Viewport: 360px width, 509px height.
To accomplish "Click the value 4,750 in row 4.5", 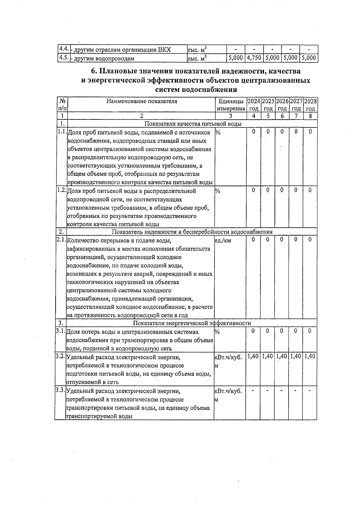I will pyautogui.click(x=254, y=58).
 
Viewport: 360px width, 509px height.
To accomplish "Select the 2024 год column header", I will pyautogui.click(x=254, y=105).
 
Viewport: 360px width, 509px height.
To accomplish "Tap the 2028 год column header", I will pyautogui.click(x=310, y=105).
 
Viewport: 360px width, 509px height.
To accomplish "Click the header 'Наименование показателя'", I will pyautogui.click(x=142, y=101).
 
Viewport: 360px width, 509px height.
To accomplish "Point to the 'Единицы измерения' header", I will pyautogui.click(x=231, y=105).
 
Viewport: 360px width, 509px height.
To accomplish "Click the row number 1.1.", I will pyautogui.click(x=62, y=132).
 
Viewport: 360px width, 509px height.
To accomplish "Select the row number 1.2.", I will pyautogui.click(x=62, y=190).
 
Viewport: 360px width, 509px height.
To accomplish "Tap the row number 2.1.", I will pyautogui.click(x=61, y=240).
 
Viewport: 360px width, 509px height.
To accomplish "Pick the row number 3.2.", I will pyautogui.click(x=60, y=356).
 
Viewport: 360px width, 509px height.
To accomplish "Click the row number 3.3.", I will pyautogui.click(x=60, y=390).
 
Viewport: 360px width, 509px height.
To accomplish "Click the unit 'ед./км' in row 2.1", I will pyautogui.click(x=223, y=240).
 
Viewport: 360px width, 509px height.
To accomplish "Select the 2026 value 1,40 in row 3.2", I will pyautogui.click(x=282, y=356).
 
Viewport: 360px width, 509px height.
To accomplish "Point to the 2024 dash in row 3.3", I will pyautogui.click(x=253, y=390).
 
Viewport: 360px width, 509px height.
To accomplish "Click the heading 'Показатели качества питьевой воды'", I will pyautogui.click(x=193, y=124).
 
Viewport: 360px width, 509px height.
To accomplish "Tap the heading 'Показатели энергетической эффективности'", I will pyautogui.click(x=192, y=323).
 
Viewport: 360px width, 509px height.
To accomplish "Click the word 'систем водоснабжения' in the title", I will pyautogui.click(x=196, y=89).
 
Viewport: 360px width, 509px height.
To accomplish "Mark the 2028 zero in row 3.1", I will pyautogui.click(x=310, y=331).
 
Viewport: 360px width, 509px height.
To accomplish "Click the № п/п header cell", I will pyautogui.click(x=62, y=105).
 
